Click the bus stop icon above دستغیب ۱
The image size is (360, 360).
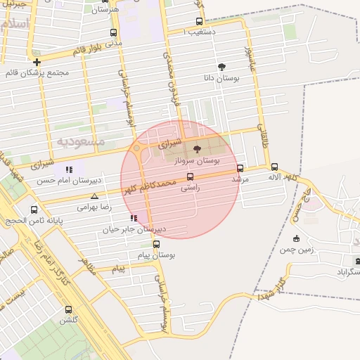pyautogui.click(x=199, y=21)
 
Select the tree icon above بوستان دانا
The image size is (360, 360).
pyautogui.click(x=222, y=67)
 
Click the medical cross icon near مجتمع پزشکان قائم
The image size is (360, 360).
pyautogui.click(x=37, y=62)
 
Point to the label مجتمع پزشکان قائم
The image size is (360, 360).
pyautogui.click(x=37, y=73)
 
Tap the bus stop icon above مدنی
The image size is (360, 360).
pyautogui.click(x=114, y=32)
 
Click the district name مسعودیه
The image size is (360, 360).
pyautogui.click(x=81, y=141)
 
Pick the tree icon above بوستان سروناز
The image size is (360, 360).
pyautogui.click(x=196, y=149)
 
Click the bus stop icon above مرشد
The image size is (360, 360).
pyautogui.click(x=240, y=168)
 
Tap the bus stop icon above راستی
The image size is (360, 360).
pyautogui.click(x=190, y=176)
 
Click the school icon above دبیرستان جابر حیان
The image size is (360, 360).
pyautogui.click(x=134, y=219)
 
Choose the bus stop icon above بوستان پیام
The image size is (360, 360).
pyautogui.click(x=156, y=244)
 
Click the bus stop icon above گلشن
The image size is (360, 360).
pyautogui.click(x=68, y=309)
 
